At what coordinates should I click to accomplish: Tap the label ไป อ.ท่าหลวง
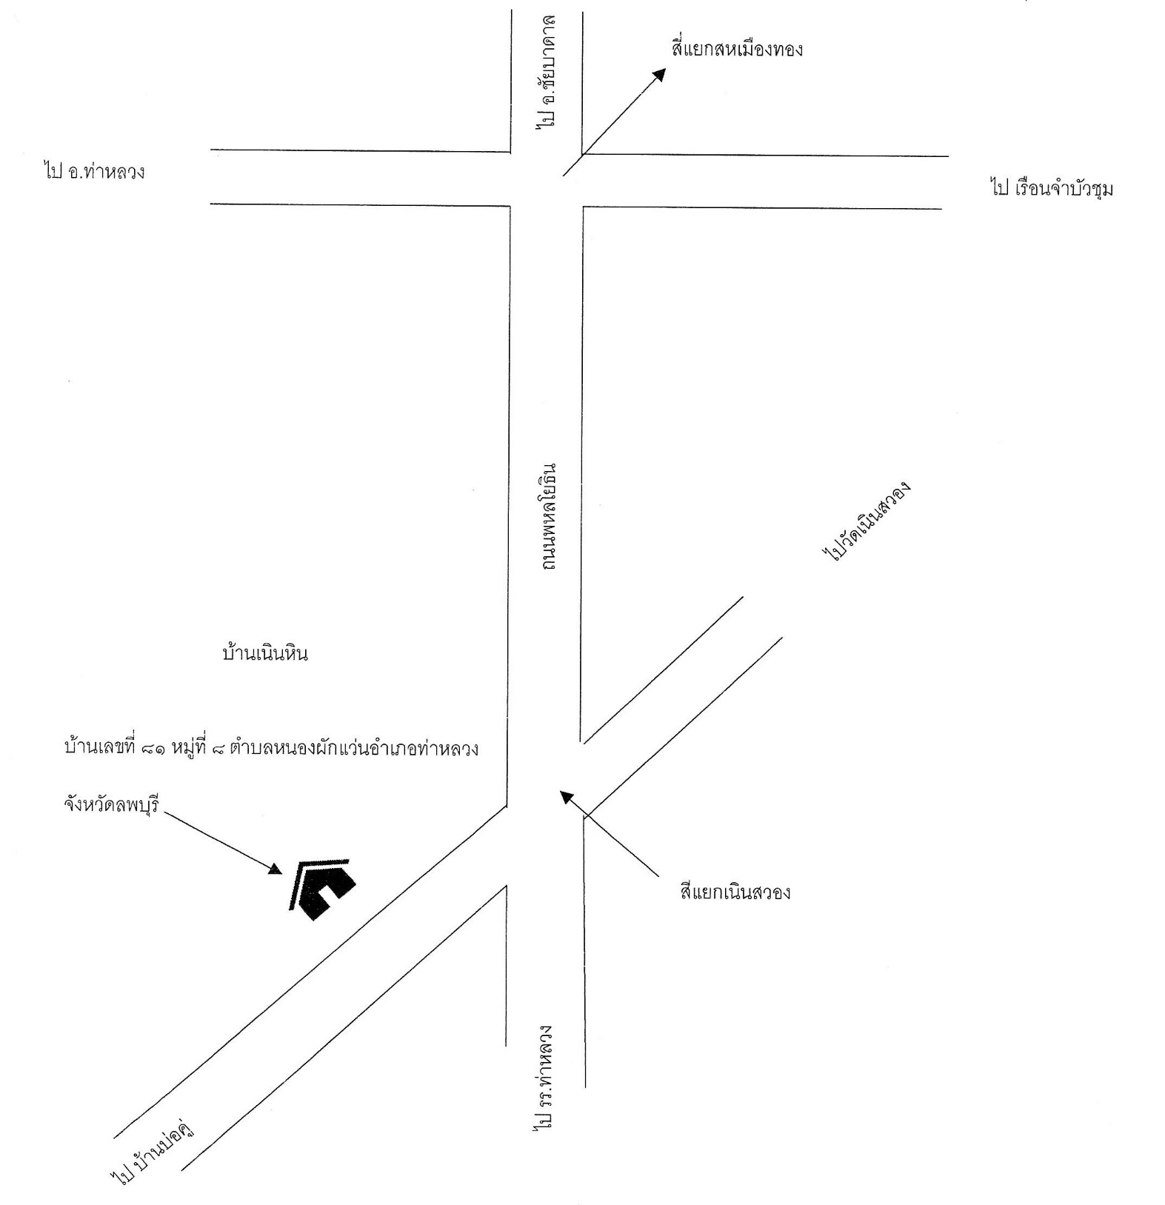(94, 173)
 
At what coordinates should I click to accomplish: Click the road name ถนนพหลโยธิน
(549, 518)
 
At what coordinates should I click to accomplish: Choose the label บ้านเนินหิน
(265, 654)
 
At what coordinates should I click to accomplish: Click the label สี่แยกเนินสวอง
(735, 892)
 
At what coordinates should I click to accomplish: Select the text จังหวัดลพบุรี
(112, 804)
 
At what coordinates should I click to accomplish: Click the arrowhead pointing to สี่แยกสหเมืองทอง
(658, 75)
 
